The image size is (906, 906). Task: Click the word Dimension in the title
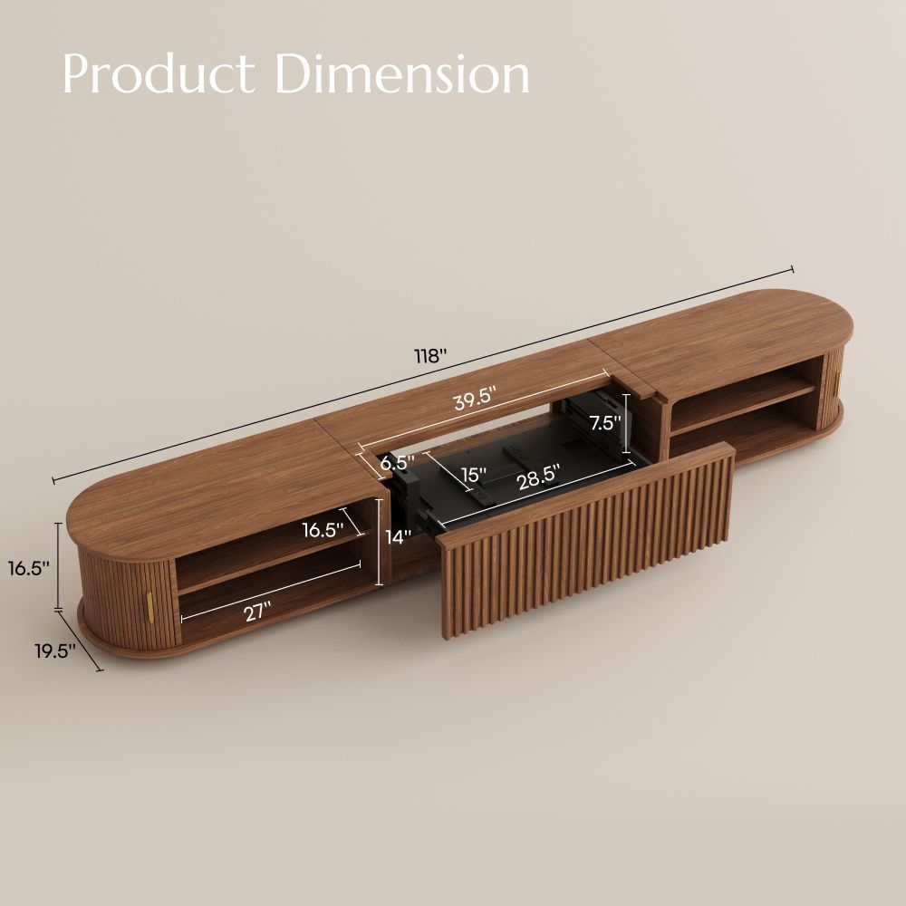click(402, 74)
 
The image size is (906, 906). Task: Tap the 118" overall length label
click(432, 356)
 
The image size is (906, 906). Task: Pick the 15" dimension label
click(473, 474)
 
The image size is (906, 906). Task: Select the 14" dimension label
click(398, 535)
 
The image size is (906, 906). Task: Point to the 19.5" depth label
click(54, 651)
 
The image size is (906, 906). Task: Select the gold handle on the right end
click(839, 382)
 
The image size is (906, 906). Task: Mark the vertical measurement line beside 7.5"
click(625, 422)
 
